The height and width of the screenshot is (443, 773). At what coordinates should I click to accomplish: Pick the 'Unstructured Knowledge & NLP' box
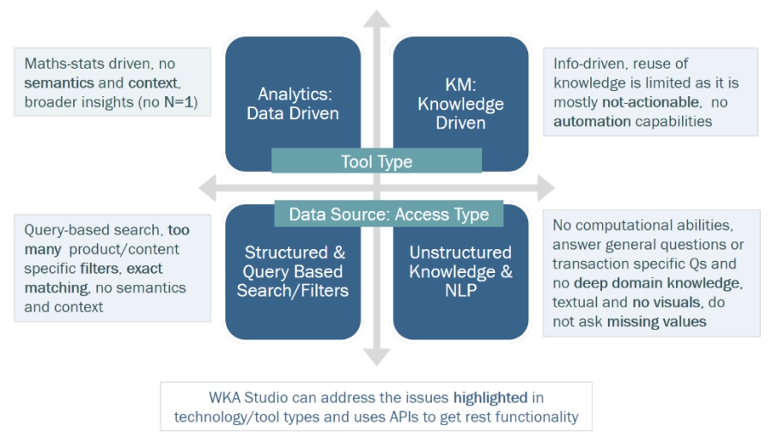460,271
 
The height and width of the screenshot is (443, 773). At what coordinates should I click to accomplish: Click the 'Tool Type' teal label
376,161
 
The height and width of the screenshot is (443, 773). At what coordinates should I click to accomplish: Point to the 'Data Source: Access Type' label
388,215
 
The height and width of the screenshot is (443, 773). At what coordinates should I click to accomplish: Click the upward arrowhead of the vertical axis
376,19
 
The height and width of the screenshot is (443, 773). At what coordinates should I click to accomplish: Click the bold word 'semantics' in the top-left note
60,82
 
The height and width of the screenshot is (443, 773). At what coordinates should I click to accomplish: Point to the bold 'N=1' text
181,101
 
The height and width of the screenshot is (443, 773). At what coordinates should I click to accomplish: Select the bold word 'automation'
592,121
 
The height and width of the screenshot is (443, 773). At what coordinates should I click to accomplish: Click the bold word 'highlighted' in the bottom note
490,397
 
